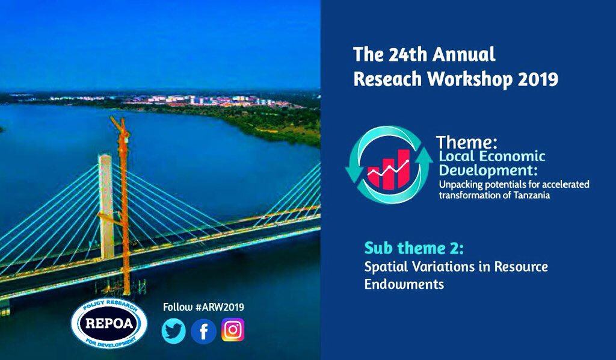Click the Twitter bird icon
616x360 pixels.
(174, 331)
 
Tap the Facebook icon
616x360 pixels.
(203, 331)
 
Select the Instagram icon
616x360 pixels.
(233, 329)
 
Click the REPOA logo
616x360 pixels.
(109, 323)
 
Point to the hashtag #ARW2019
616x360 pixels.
(220, 307)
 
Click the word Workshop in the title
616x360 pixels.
(470, 79)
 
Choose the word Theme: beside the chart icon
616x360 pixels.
(467, 142)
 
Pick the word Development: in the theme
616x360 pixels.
(488, 170)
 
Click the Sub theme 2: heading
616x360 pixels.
(414, 249)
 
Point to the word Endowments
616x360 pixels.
(404, 284)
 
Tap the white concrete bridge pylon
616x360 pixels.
(106, 206)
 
